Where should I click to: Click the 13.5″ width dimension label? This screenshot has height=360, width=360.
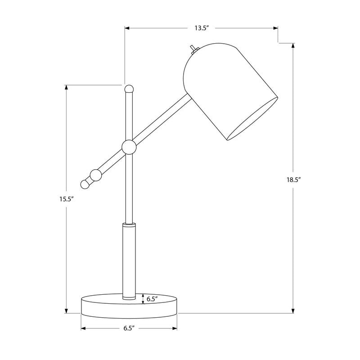[x=201, y=28]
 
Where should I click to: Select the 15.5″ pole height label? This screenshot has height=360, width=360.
[x=66, y=199]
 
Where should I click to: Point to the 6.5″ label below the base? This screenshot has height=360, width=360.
[x=129, y=328]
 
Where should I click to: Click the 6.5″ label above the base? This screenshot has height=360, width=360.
[x=152, y=299]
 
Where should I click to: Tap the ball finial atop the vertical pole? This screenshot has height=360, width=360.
[x=129, y=89]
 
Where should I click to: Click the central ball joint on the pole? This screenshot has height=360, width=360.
[x=129, y=147]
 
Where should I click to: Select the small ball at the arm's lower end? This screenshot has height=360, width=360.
[x=85, y=184]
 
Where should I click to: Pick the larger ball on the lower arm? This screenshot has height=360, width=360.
[x=96, y=175]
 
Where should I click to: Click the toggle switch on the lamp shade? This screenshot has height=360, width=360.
[x=194, y=50]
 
